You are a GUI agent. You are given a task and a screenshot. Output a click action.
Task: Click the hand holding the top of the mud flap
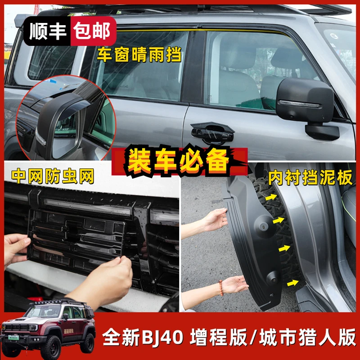tap(214, 220)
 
